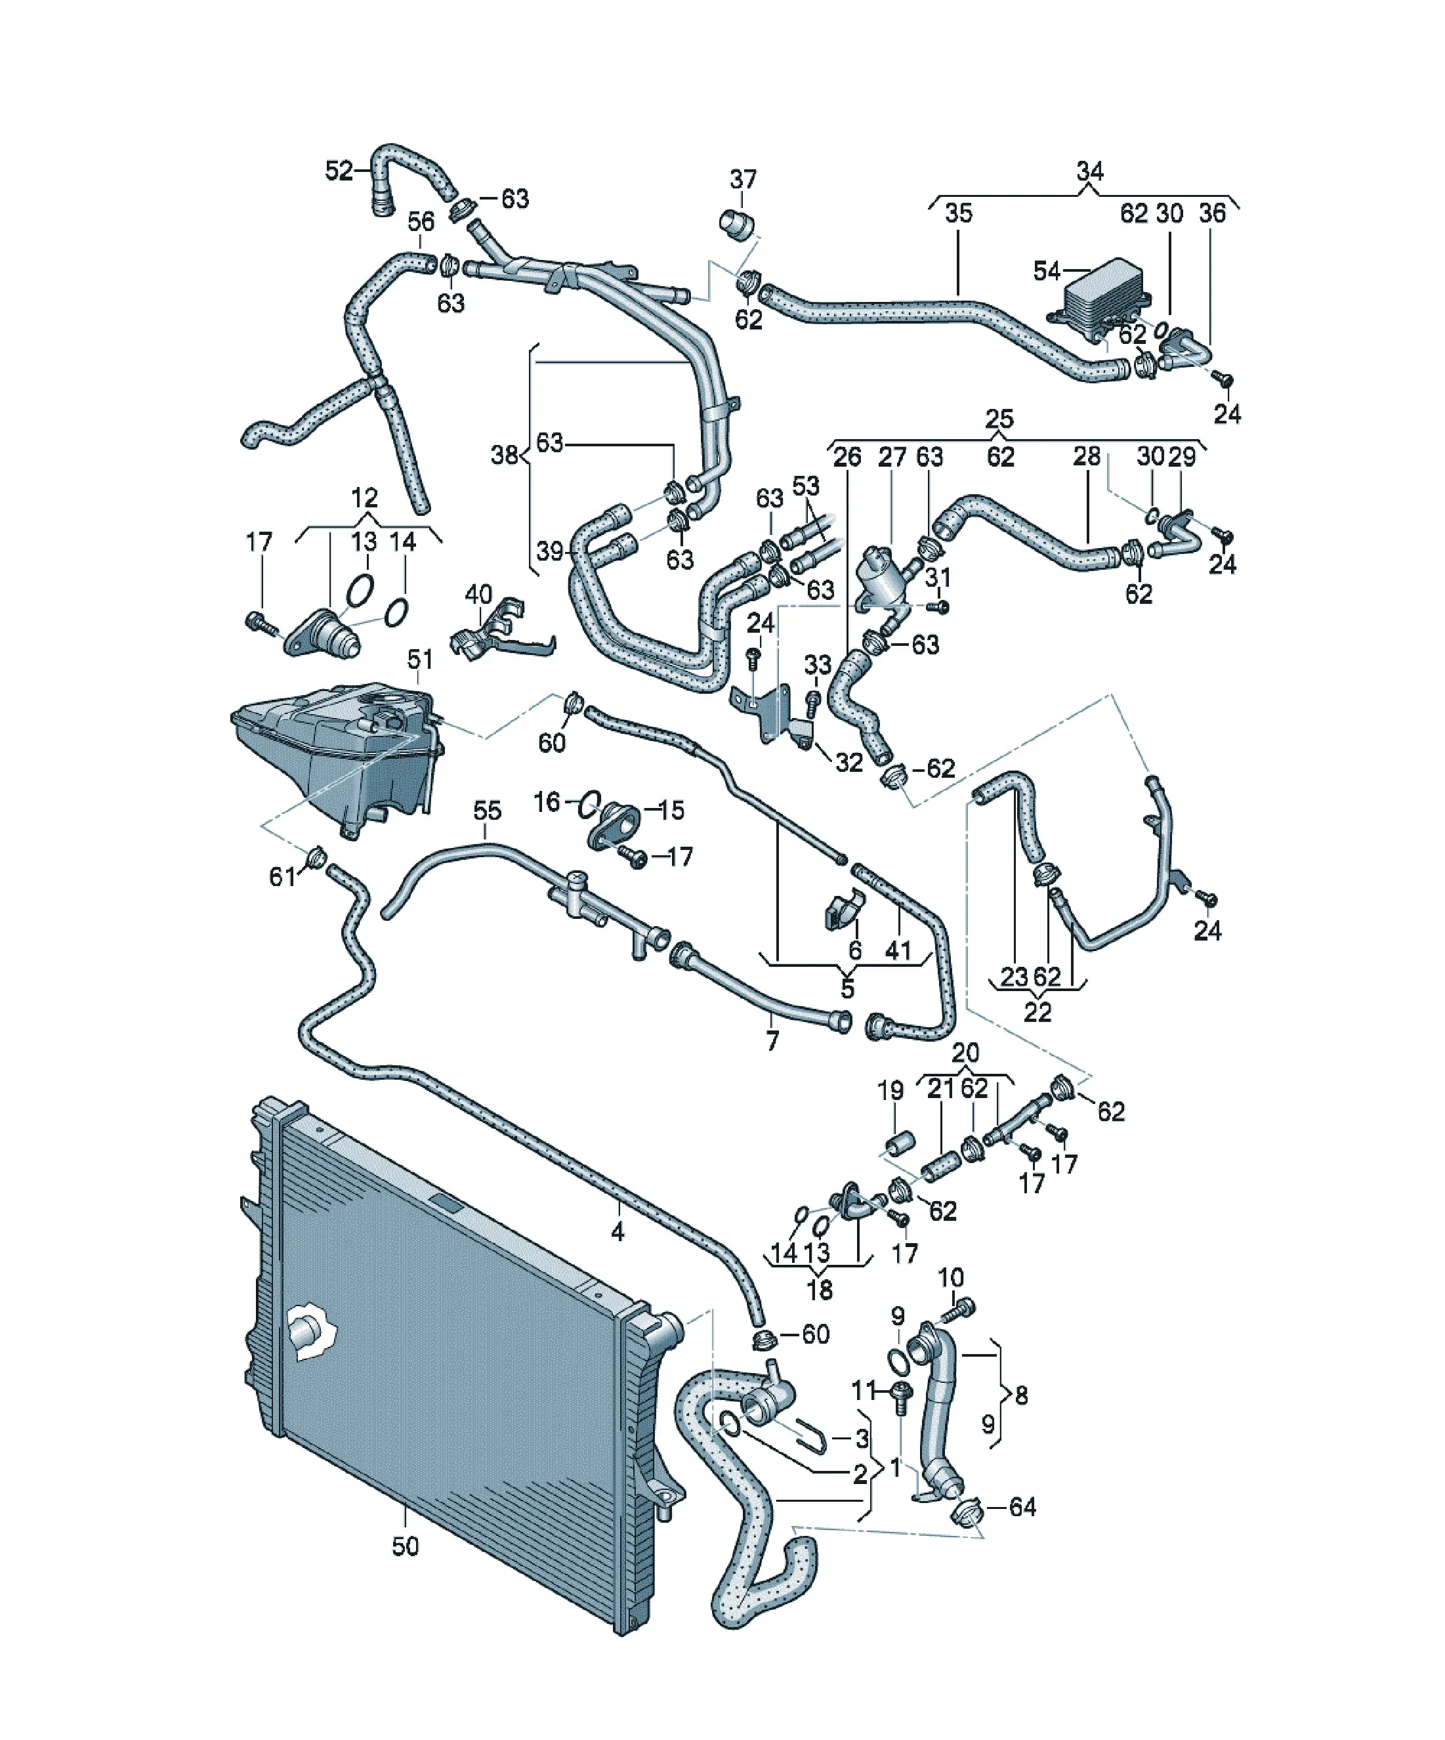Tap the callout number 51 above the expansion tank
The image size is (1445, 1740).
pos(420,659)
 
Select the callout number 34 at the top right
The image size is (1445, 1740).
pos(1089,171)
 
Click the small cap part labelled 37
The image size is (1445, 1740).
pos(735,224)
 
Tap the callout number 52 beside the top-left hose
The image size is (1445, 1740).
pos(339,171)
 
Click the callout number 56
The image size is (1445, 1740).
pos(421,221)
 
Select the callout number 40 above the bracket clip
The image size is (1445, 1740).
pos(478,594)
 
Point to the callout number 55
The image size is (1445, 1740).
pos(487,811)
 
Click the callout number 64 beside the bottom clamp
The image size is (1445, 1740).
pos(1022,1506)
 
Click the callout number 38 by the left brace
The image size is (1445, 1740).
pos(505,454)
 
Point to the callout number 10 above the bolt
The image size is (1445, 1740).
pos(951,1278)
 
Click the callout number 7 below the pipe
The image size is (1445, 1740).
pos(772,1041)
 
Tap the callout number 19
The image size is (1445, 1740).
pos(890,1090)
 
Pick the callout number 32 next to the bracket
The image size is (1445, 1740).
pos(849,762)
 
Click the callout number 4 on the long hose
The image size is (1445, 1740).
pos(618,1232)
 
